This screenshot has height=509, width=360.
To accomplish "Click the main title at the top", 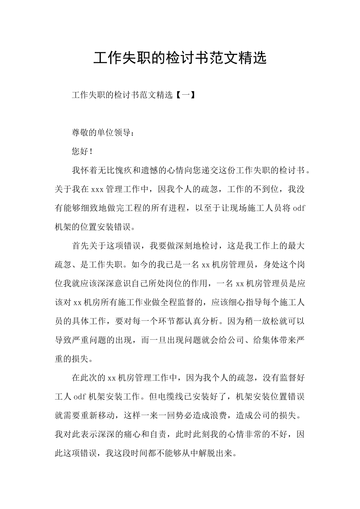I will pos(180,58).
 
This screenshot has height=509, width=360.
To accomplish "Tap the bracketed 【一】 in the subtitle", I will pos(186,95).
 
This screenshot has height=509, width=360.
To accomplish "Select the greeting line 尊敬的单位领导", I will pos(102,133).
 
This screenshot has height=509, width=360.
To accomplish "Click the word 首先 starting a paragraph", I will pos(81,246).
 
